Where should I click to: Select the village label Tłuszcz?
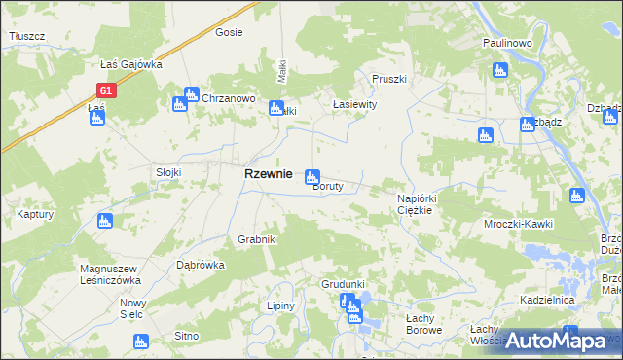coord(27,36)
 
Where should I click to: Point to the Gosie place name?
coord(228,32)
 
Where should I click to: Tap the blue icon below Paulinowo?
coord(500,69)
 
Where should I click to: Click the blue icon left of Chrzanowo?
coord(181,103)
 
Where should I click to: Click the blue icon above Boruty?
coord(312,176)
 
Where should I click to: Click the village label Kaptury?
coord(34,214)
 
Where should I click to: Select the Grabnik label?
coord(257,239)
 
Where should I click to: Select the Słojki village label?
coord(169,172)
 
